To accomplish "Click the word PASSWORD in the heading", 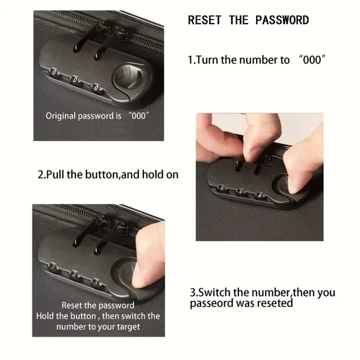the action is (282, 20).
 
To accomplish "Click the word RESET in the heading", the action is (204, 20).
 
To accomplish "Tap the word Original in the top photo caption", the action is (60, 116).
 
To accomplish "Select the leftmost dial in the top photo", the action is (54, 73).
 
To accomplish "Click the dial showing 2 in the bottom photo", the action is (75, 275).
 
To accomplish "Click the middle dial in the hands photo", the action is (241, 192).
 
